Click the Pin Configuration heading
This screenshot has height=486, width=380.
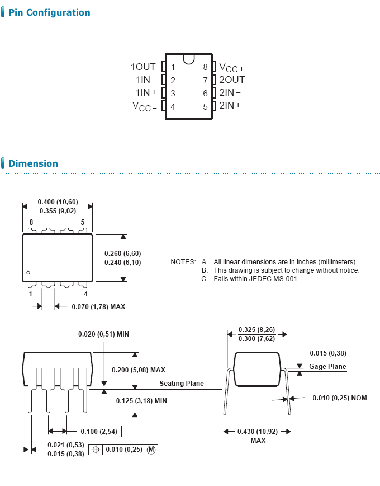[49, 12]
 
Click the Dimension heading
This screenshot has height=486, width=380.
[33, 163]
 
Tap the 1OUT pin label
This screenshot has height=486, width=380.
[143, 67]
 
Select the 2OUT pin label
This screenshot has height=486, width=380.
[232, 80]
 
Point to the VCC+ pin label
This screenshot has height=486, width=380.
[231, 68]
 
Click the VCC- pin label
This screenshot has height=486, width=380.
[145, 106]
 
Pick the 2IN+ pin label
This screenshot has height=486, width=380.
[230, 105]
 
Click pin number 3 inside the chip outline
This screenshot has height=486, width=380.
[173, 94]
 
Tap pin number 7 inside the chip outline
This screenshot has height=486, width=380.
[205, 81]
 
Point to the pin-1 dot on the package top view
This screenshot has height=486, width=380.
[28, 273]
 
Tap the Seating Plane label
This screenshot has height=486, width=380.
[182, 384]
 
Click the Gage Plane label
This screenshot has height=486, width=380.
[327, 366]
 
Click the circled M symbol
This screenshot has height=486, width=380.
[151, 450]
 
